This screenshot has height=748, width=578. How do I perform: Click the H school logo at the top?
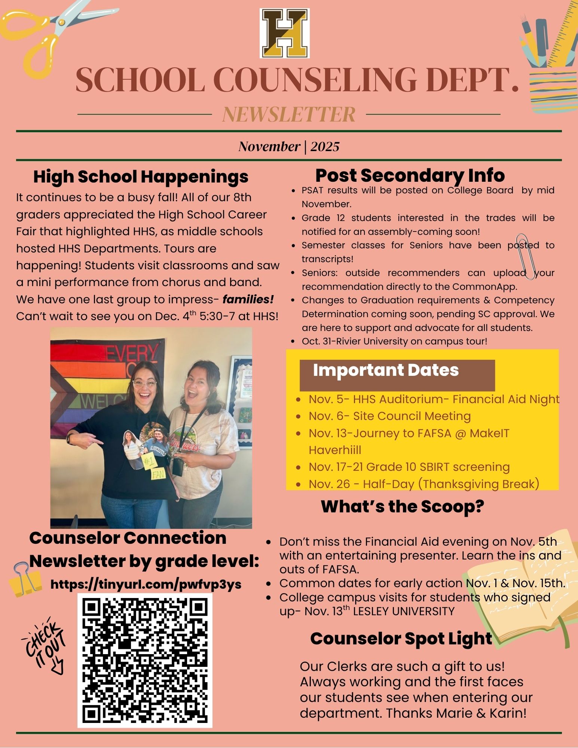[x=285, y=34]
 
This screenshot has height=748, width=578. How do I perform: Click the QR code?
[x=145, y=660]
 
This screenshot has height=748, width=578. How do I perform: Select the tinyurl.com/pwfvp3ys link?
[x=146, y=584]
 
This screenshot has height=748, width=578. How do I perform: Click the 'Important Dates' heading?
[x=386, y=370]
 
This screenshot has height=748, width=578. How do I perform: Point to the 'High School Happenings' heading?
[x=141, y=177]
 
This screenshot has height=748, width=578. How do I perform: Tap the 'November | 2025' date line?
[x=289, y=146]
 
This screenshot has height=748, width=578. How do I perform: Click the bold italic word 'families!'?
[x=248, y=300]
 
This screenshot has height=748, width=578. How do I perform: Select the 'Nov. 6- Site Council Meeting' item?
[x=389, y=416]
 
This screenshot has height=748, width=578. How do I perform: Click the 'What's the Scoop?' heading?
[x=403, y=506]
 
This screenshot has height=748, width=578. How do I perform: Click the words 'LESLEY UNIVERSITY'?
[x=404, y=611]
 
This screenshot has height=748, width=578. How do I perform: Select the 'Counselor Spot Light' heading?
[x=401, y=638]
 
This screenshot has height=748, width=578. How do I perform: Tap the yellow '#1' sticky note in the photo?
[x=150, y=462]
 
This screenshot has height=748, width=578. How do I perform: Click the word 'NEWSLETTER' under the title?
[x=289, y=114]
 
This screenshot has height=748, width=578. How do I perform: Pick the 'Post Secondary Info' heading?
[x=410, y=175]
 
